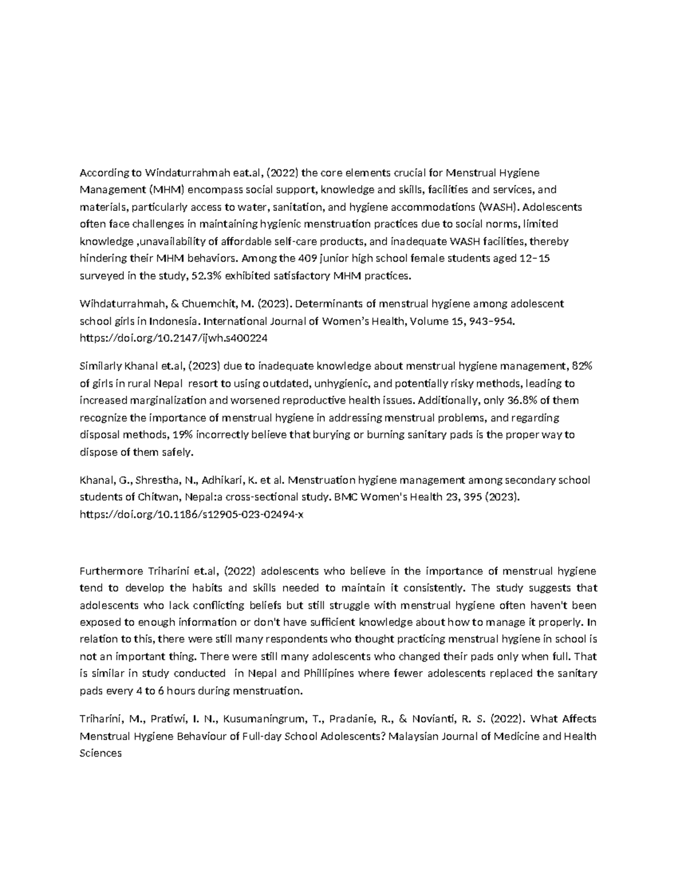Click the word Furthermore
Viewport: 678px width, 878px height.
coord(111,571)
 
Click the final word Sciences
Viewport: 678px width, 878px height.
coord(101,754)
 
